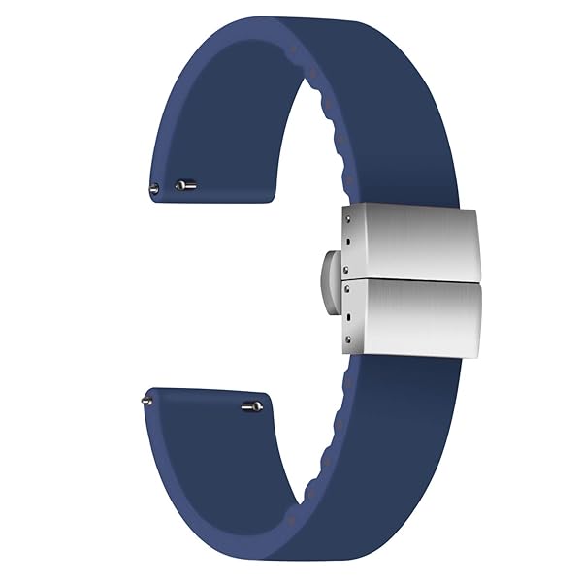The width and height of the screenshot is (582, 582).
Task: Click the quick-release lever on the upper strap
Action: click(x=185, y=183)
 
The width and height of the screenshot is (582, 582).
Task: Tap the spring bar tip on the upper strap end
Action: click(x=153, y=187)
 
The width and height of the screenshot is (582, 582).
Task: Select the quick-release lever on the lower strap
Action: click(x=251, y=406)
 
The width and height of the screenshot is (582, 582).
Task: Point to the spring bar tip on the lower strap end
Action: click(x=146, y=395)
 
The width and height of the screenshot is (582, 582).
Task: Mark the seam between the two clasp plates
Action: click(x=417, y=280)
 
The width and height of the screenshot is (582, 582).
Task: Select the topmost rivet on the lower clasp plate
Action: click(x=346, y=287)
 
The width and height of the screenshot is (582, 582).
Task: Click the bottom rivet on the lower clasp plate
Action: click(x=347, y=339)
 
